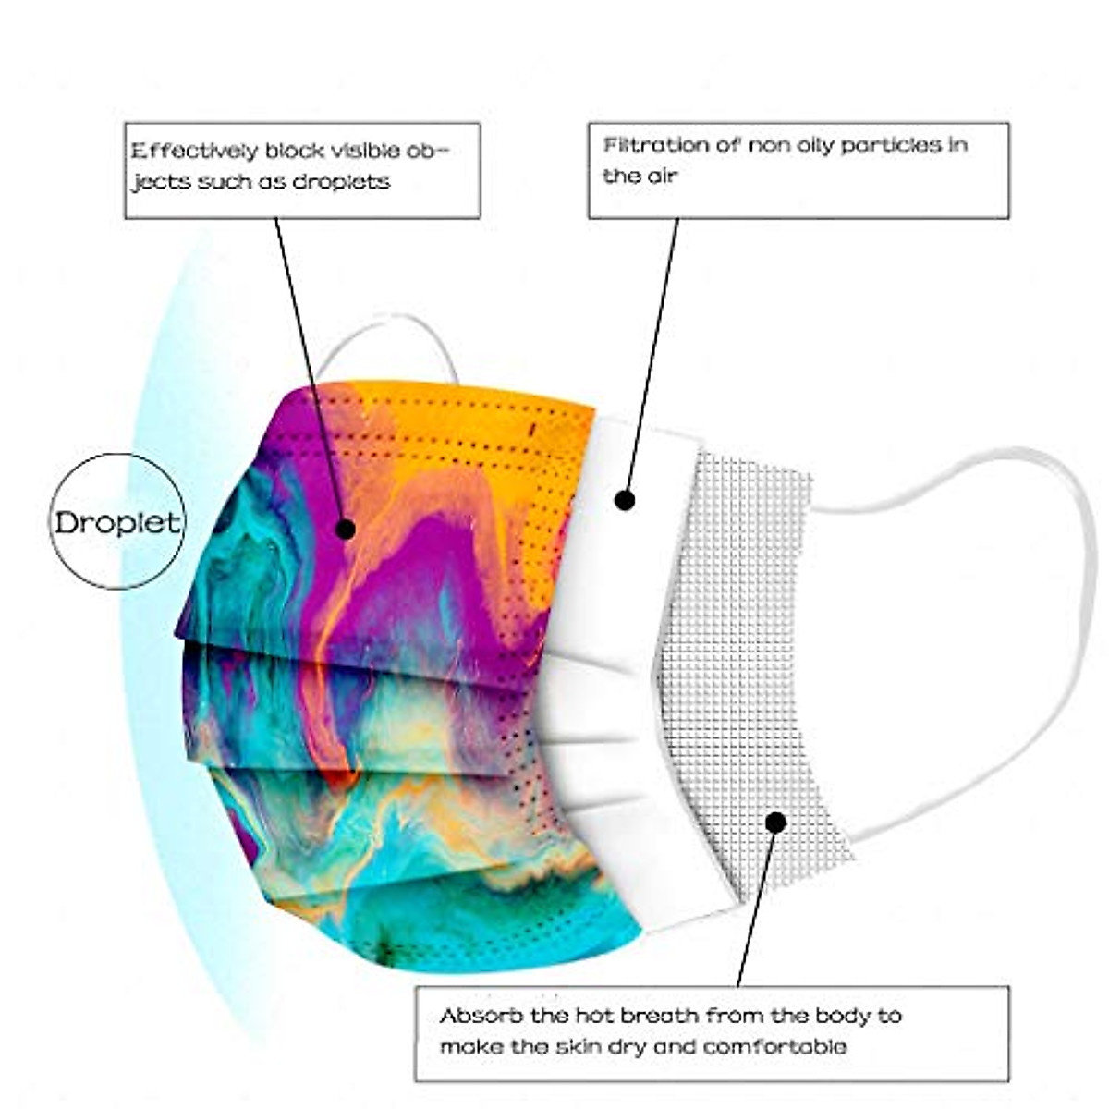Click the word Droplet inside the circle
[117, 523]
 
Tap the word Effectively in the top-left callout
[195, 152]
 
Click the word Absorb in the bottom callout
[476, 1016]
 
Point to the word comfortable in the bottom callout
[774, 1047]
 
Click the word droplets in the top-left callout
[341, 182]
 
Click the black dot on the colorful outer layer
[345, 529]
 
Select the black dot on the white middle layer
[625, 500]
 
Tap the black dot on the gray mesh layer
[775, 821]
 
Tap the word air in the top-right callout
[662, 176]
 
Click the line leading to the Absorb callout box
[753, 915]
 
